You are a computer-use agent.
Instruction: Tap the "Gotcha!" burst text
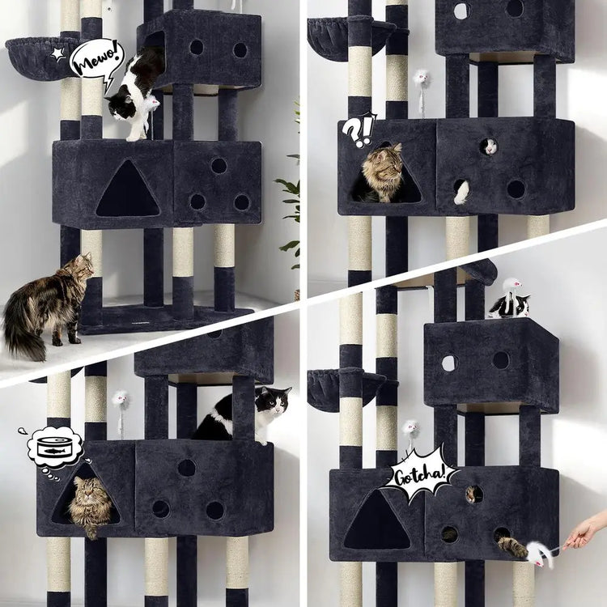(419, 475)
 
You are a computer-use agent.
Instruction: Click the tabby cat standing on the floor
(49, 303)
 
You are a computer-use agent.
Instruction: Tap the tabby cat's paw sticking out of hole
(511, 546)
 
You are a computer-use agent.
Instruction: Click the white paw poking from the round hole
(461, 192)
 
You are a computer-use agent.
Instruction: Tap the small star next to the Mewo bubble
(58, 54)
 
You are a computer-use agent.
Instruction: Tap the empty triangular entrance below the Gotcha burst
(376, 520)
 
